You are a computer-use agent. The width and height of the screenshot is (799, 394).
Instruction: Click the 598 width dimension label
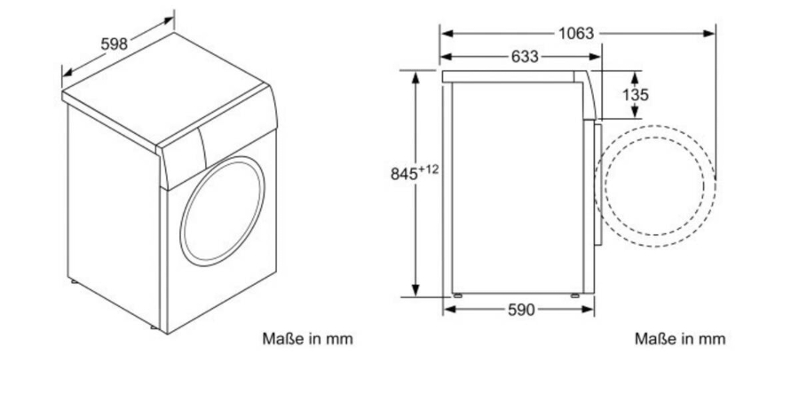[x=114, y=44]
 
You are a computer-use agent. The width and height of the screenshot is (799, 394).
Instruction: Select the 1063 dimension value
[x=576, y=34]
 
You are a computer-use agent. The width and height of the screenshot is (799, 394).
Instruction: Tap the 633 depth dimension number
[x=525, y=57]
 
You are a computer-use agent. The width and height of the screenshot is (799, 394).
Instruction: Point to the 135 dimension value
[x=636, y=95]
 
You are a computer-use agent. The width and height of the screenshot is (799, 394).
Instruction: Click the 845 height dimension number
[x=404, y=174]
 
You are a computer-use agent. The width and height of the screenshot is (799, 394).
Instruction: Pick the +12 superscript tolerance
[x=428, y=169]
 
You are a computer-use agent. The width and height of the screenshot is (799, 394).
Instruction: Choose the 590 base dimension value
[x=521, y=310]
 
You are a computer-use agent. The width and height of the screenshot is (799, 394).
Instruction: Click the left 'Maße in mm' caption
[x=307, y=338]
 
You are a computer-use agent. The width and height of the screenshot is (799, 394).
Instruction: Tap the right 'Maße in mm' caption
[x=680, y=338]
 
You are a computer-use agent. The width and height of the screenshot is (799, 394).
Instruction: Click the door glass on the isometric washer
[x=222, y=210]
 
